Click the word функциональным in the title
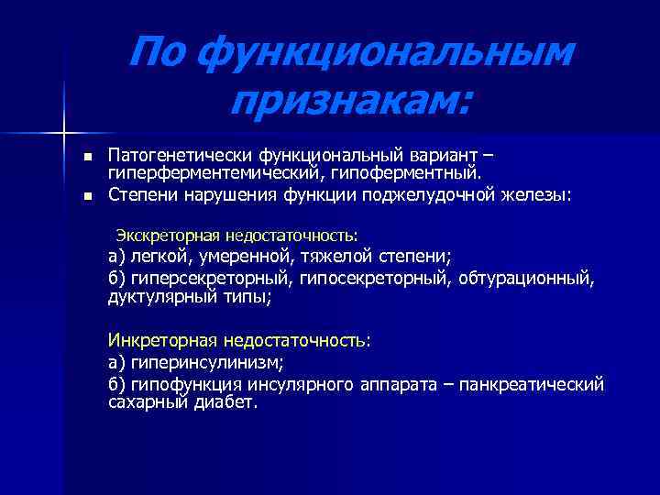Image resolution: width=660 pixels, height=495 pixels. [x=386, y=58]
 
